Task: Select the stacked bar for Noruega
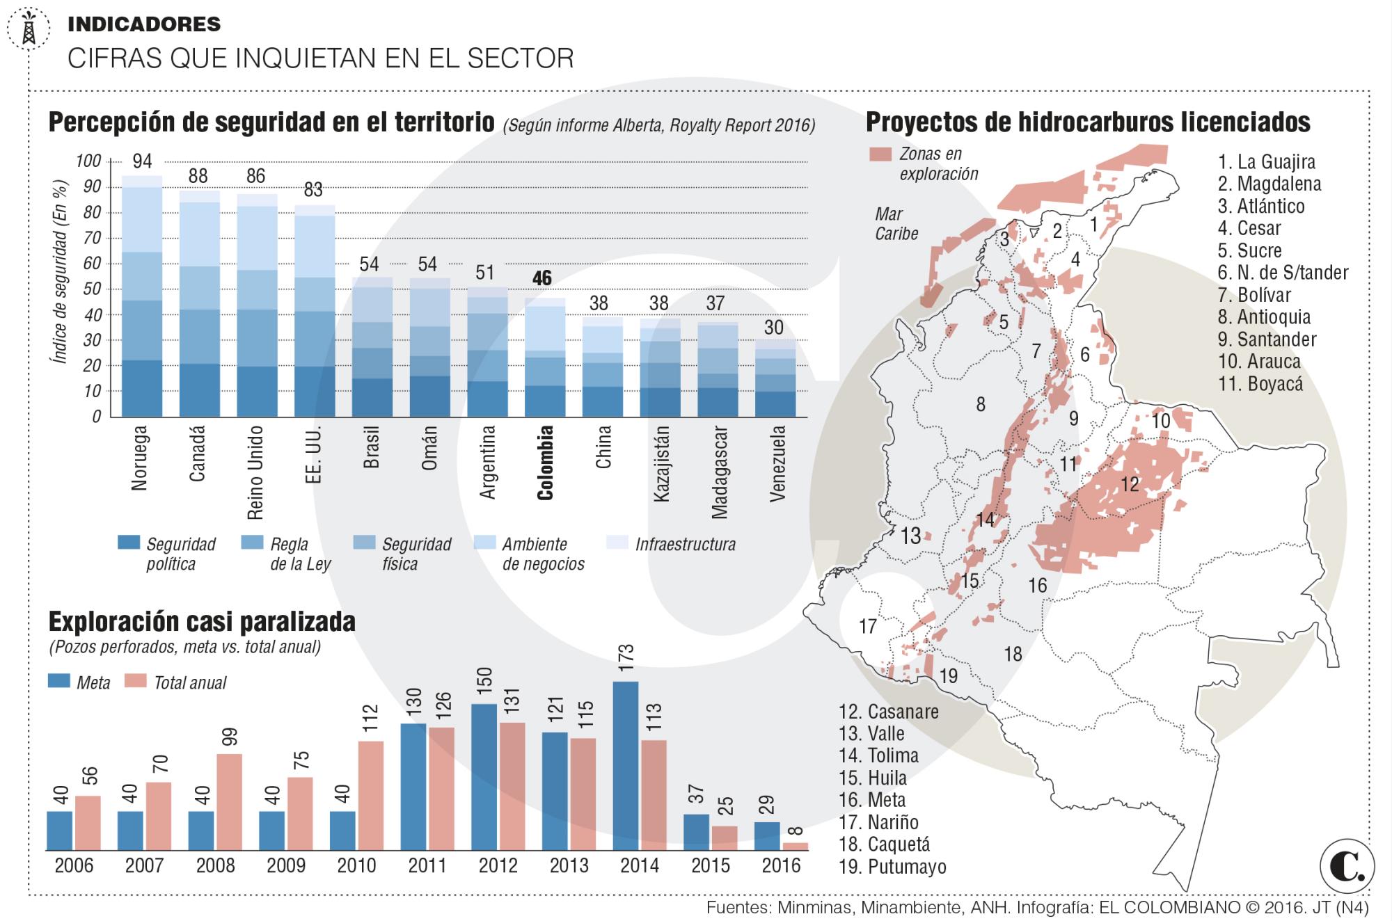pyautogui.click(x=142, y=296)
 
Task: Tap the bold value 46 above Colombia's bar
pyautogui.click(x=542, y=278)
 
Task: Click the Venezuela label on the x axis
pyautogui.click(x=778, y=463)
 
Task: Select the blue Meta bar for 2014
pyautogui.click(x=625, y=765)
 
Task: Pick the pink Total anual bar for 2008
pyautogui.click(x=229, y=801)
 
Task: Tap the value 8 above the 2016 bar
pyautogui.click(x=796, y=831)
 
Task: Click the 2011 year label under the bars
pyautogui.click(x=427, y=865)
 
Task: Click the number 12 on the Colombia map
pyautogui.click(x=1130, y=484)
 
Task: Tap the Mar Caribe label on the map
pyautogui.click(x=896, y=223)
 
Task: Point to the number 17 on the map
pyautogui.click(x=867, y=627)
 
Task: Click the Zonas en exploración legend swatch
pyautogui.click(x=880, y=154)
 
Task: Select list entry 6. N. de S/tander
pyautogui.click(x=1283, y=273)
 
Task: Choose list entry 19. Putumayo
pyautogui.click(x=892, y=867)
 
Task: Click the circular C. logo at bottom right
pyautogui.click(x=1346, y=867)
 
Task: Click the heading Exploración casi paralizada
pyautogui.click(x=202, y=621)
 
